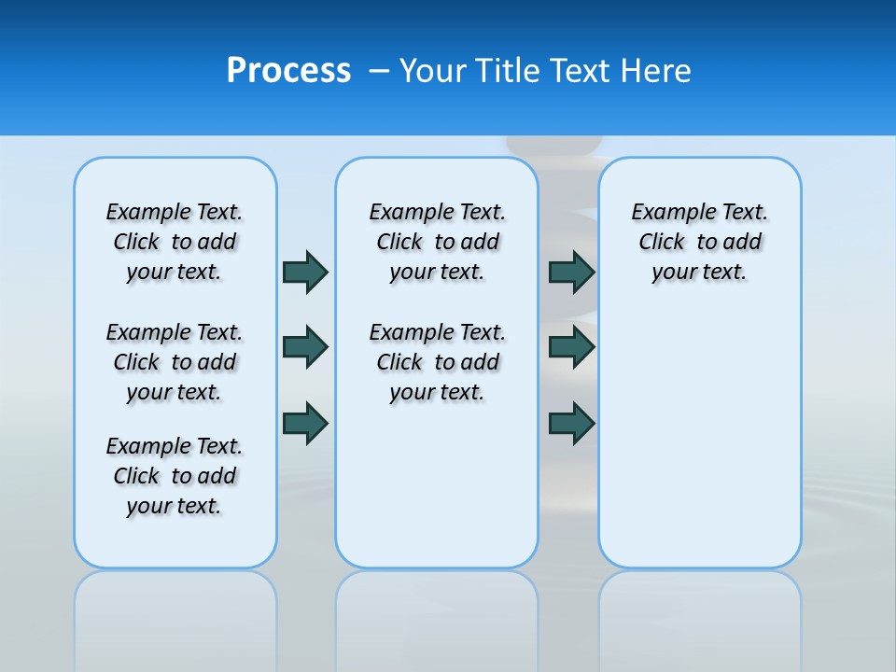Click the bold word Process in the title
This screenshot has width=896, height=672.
pos(288,71)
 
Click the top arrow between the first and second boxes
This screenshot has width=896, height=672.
pos(305,272)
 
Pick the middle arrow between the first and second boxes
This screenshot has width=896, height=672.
pos(305,347)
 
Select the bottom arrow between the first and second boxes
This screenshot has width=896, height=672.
pos(305,423)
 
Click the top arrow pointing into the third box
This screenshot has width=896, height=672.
pos(572,272)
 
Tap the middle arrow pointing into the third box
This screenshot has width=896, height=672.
pos(572,347)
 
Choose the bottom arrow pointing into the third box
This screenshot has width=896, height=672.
pos(572,423)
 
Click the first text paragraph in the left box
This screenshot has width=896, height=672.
pos(175,242)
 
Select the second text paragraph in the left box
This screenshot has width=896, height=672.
pos(175,362)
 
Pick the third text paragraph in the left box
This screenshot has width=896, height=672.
pos(175,476)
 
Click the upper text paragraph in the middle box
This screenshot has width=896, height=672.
pos(438,242)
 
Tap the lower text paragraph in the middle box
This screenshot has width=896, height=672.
pos(438,362)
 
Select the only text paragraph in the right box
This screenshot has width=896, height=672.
pos(700,242)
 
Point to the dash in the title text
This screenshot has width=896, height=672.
pos(379,71)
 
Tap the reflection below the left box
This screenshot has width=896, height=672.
pos(175,616)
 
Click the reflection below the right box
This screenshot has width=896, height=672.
pos(700,616)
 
